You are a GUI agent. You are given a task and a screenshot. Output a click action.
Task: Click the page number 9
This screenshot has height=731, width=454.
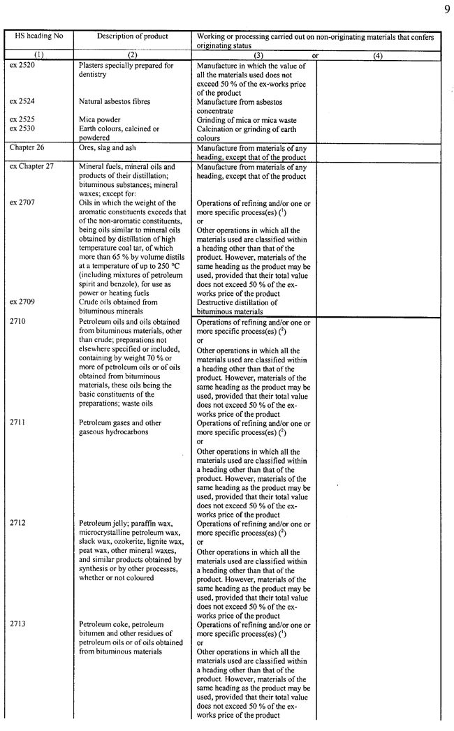(445, 9)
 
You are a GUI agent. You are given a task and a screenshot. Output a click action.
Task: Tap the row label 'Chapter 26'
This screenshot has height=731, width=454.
(26, 148)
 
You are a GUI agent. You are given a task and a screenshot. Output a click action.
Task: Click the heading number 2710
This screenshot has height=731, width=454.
(17, 322)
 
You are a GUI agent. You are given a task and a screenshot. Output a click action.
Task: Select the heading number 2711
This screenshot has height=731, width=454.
(17, 422)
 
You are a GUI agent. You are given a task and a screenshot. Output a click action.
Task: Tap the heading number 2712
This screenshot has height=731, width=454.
(17, 523)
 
